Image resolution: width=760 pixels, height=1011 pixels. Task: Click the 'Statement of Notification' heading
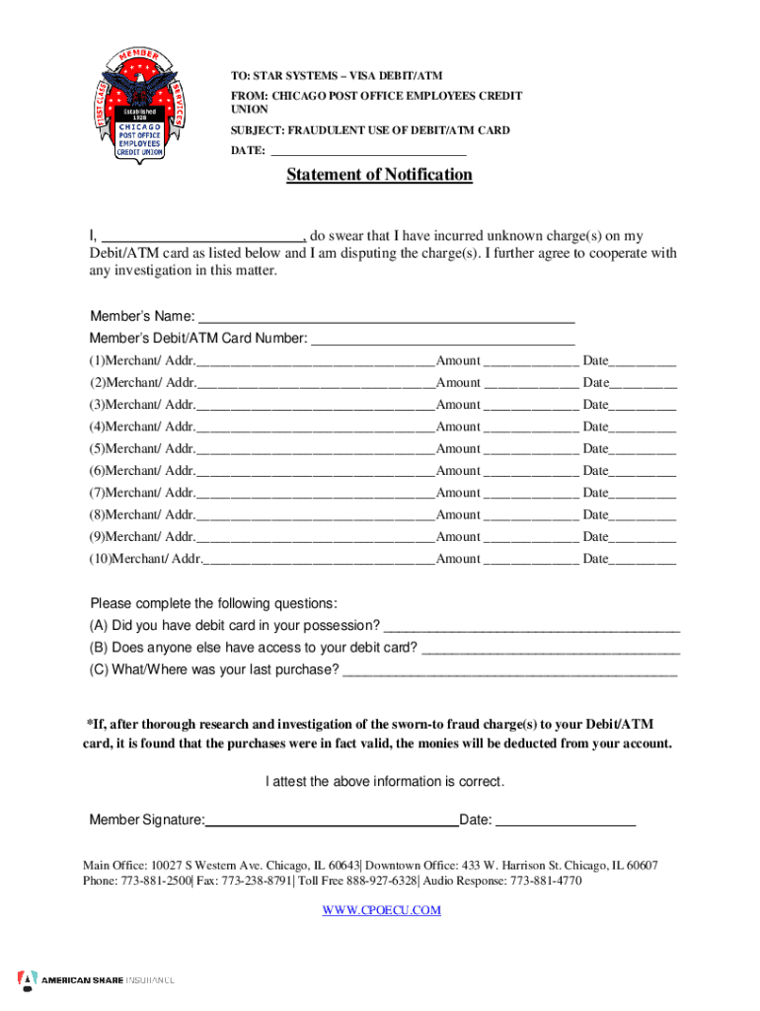[379, 175]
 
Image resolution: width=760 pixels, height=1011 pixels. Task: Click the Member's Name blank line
[386, 318]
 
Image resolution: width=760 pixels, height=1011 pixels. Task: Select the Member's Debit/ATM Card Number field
[442, 340]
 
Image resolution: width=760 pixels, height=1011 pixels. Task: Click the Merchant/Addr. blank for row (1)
[315, 362]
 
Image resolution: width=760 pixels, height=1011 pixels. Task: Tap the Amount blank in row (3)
[531, 406]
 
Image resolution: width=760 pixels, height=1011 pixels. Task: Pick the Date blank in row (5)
[643, 450]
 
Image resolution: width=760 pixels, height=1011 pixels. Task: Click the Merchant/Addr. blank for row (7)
[315, 494]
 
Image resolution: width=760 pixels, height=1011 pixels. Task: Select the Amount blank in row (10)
[531, 560]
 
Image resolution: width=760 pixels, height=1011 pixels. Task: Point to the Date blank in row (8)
[643, 516]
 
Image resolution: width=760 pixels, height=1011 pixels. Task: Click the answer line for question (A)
[531, 627]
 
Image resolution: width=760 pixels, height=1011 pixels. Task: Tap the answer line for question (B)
[551, 650]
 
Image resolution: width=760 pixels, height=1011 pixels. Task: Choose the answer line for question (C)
[509, 672]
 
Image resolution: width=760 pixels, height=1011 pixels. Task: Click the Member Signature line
[332, 820]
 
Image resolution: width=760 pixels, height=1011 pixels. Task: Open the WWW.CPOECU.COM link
[381, 910]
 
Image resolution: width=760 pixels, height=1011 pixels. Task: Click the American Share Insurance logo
[96, 979]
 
